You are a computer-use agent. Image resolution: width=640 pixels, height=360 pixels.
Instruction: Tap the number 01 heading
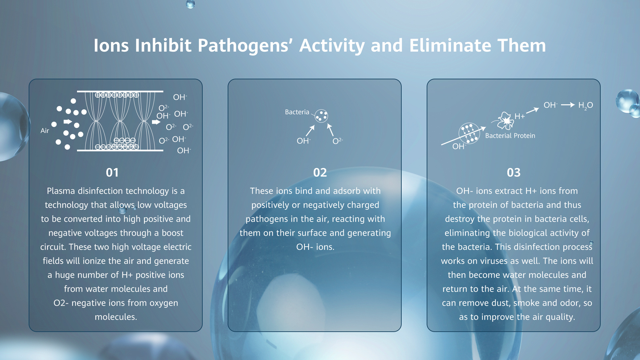coord(112,173)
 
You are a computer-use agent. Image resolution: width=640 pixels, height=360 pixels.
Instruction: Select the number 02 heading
coord(320,173)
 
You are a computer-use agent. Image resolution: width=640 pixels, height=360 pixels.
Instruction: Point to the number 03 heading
coord(514,173)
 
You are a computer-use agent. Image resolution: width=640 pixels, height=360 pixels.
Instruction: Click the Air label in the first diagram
coord(45,131)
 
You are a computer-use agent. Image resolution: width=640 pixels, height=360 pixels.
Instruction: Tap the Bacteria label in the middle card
coord(297,112)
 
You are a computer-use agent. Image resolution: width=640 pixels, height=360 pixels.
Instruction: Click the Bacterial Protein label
coord(510,136)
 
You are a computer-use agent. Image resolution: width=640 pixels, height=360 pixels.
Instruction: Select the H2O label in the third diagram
coord(586,105)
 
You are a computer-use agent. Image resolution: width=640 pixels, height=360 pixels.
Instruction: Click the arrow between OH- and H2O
coord(568,105)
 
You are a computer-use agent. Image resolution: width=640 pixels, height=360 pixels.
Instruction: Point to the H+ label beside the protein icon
coord(520,116)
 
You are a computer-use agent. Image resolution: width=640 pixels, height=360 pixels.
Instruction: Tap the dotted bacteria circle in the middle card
coord(321,116)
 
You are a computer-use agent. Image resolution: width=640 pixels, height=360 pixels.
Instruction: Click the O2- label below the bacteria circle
coord(338,141)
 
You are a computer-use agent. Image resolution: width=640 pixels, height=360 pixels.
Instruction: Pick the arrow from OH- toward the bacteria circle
coord(310,131)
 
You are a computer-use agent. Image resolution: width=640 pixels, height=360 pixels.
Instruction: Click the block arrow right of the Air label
coord(68,122)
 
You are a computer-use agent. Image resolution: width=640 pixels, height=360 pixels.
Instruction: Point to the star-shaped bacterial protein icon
coord(506,121)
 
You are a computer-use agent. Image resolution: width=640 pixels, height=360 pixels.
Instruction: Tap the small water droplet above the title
coord(190,4)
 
